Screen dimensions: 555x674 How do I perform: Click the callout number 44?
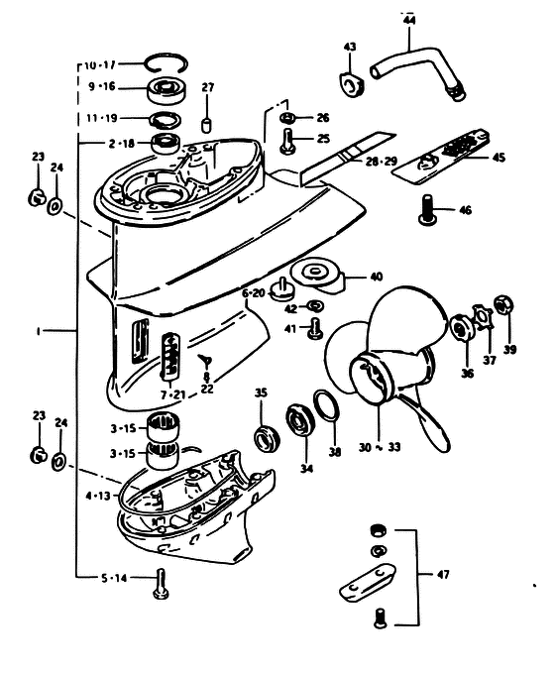tap(409, 20)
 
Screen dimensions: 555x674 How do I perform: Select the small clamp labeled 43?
tap(351, 84)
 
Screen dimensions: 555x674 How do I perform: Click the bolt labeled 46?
tap(428, 209)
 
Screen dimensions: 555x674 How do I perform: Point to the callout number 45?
tap(499, 158)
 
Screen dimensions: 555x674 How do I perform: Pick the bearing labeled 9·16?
tap(167, 90)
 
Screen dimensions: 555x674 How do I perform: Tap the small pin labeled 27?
tap(207, 124)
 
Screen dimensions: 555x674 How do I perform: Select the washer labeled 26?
tap(287, 117)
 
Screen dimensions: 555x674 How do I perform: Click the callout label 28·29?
tap(382, 162)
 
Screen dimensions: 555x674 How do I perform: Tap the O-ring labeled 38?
tap(328, 405)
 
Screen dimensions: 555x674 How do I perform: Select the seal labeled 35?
tap(268, 438)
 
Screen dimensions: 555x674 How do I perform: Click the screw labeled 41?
tap(316, 328)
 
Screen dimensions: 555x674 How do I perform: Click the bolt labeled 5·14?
tap(161, 583)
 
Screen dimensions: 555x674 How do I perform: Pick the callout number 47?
tap(442, 574)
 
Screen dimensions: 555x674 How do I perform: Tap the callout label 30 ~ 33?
tap(380, 447)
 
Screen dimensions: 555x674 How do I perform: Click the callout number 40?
tap(376, 277)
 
